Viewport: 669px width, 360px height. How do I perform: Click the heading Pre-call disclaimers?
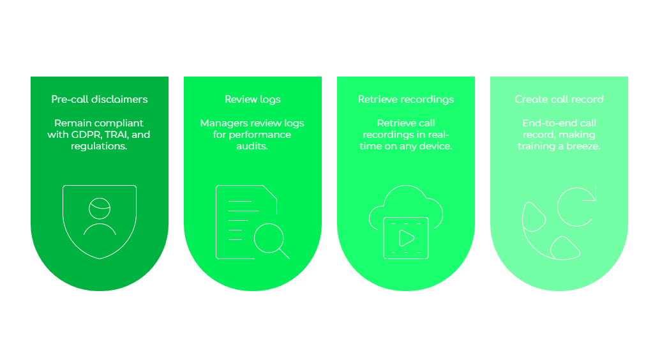pyautogui.click(x=100, y=100)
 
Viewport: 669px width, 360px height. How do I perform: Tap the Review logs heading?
pyautogui.click(x=253, y=100)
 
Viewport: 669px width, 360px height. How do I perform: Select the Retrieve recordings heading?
pyautogui.click(x=406, y=100)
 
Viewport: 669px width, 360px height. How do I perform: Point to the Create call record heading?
pyautogui.click(x=559, y=100)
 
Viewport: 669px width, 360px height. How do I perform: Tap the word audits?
pyautogui.click(x=253, y=146)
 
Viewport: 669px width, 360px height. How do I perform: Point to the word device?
pyautogui.click(x=437, y=146)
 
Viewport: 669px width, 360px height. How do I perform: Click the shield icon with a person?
pyautogui.click(x=100, y=221)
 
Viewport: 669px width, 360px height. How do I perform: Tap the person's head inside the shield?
pyautogui.click(x=100, y=208)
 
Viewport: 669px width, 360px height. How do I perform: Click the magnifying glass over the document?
pyautogui.click(x=268, y=239)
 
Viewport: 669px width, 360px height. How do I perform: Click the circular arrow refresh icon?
pyautogui.click(x=576, y=206)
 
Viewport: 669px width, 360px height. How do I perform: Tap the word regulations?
pyautogui.click(x=100, y=146)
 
